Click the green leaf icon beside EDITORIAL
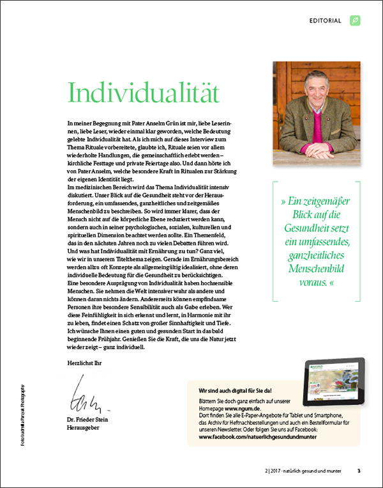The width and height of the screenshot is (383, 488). coord(355,20)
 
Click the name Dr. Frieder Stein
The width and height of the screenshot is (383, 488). coord(89,419)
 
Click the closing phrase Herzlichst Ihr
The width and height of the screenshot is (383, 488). coord(84,362)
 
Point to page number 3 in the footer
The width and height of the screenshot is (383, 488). coord(359,471)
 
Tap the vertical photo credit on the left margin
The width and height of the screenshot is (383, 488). coord(24,416)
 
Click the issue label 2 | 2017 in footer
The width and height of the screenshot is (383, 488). coord(263,471)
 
